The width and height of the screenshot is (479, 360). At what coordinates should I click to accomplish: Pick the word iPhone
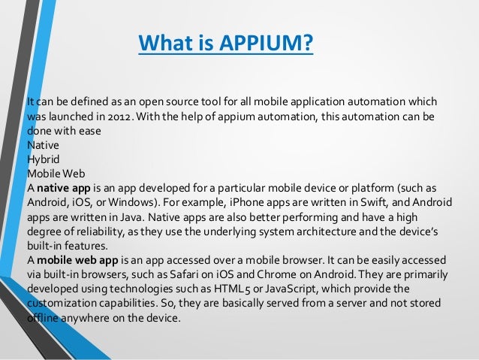tap(235, 201)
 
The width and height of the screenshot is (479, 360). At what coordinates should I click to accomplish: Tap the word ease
tap(91, 131)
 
